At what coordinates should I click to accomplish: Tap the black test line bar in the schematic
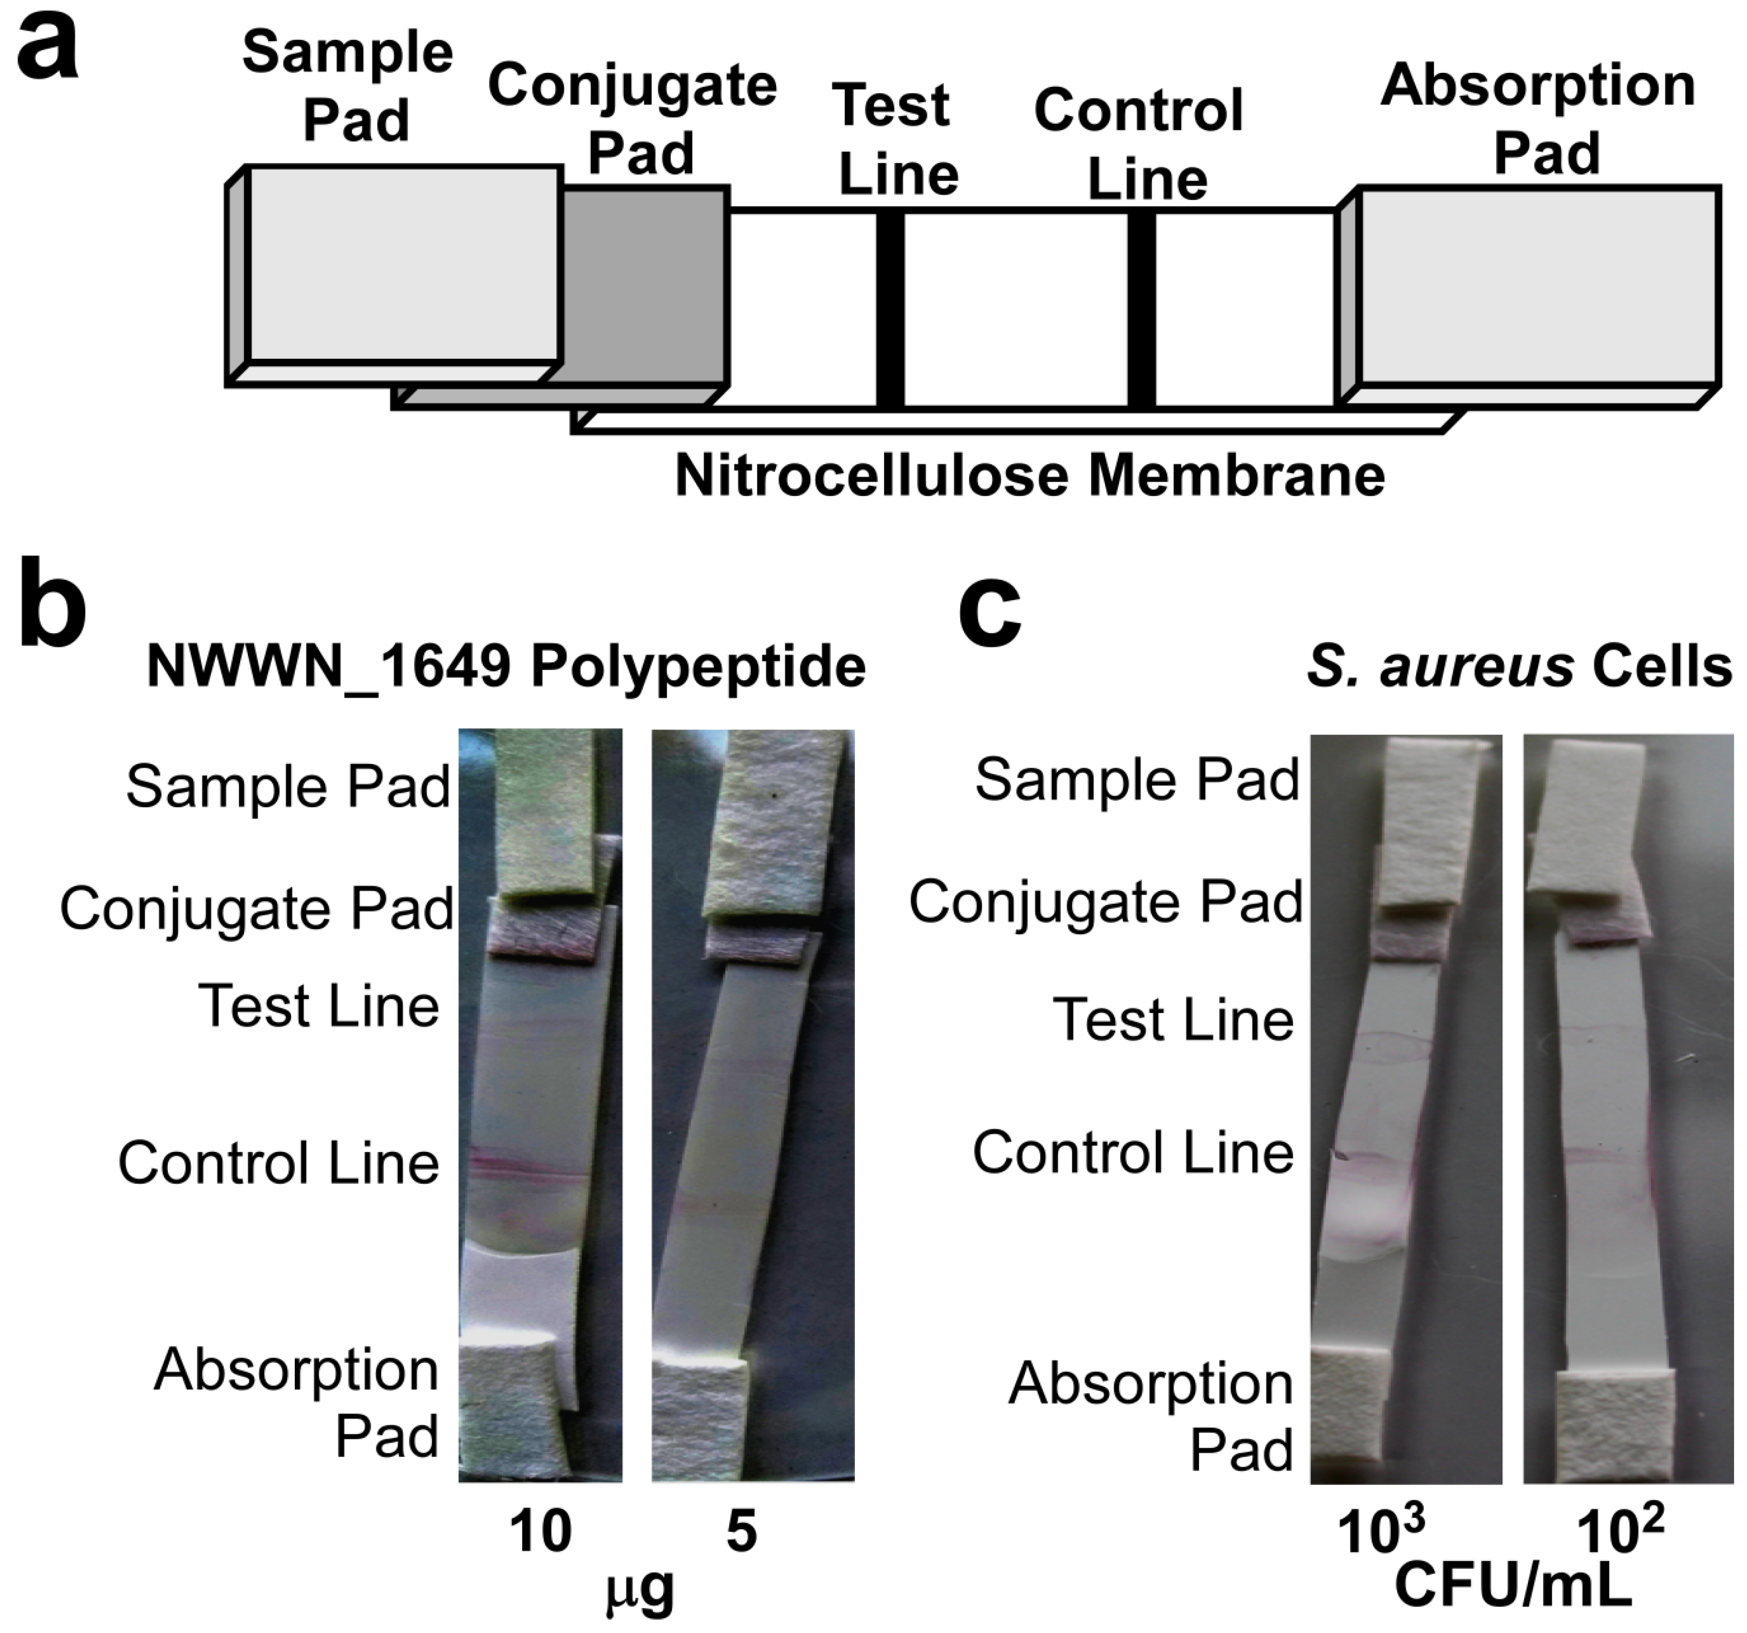click(890, 309)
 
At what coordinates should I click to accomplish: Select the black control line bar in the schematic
click(1141, 309)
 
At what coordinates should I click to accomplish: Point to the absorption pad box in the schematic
click(1538, 286)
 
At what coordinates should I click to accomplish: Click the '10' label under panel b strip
click(540, 1530)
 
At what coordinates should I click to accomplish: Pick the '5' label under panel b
click(741, 1530)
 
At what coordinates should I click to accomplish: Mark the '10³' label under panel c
click(1380, 1531)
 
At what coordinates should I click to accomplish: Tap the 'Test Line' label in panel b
click(318, 1006)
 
